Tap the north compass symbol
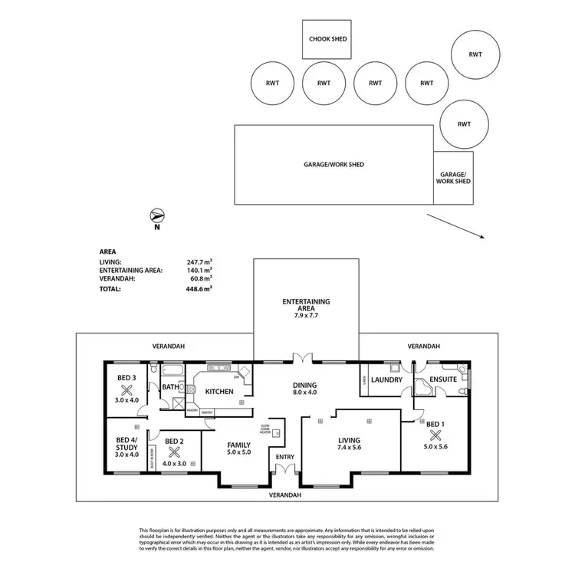[x=156, y=215]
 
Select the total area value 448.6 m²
[x=199, y=290]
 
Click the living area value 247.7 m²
[x=199, y=261]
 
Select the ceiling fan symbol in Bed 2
[x=174, y=452]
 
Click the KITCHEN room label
[x=219, y=392]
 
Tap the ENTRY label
[x=285, y=458]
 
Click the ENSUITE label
[x=443, y=379]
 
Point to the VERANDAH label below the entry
[x=285, y=495]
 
